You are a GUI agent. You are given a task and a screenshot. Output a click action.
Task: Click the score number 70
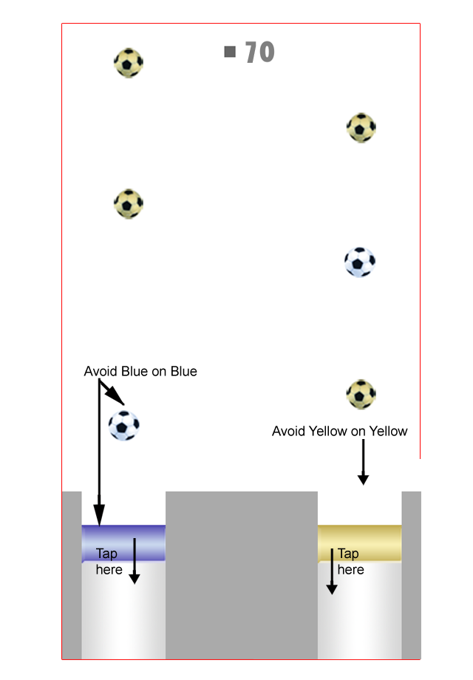point(259,52)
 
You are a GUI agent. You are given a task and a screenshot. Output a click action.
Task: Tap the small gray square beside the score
point(230,52)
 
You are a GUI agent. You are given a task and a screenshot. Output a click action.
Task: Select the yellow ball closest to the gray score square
point(129,63)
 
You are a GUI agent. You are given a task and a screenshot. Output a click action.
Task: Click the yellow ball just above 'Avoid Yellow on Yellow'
point(361,394)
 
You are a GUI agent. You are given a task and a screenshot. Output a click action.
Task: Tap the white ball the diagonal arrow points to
point(123,425)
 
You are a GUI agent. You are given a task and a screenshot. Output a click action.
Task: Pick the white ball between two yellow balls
point(360,262)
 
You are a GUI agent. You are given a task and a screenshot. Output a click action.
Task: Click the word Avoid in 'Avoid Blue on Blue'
point(100,371)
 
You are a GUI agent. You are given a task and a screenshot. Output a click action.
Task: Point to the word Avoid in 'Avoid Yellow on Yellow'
point(288,431)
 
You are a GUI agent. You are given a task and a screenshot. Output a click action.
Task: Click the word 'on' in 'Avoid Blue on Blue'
point(159,371)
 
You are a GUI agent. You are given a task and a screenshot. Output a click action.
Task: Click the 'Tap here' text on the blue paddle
point(109,562)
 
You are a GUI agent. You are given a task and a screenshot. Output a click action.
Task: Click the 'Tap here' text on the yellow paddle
point(350,562)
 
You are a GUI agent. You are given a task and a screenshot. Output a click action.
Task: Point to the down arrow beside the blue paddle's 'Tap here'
point(134,562)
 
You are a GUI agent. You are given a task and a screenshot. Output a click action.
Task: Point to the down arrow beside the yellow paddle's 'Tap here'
point(332,571)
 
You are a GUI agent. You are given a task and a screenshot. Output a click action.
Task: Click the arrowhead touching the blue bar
point(99,514)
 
